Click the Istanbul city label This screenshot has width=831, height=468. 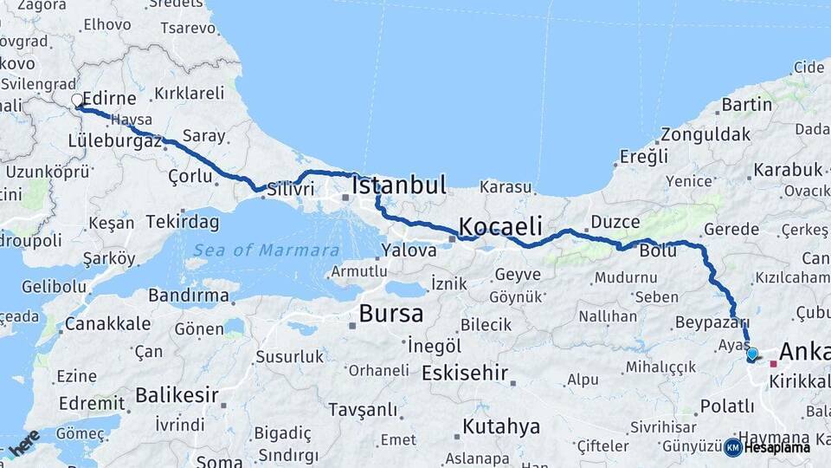tap(399, 185)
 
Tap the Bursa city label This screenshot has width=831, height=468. tap(391, 312)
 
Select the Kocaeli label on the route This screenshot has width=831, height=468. tap(500, 226)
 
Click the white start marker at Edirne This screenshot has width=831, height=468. tap(76, 101)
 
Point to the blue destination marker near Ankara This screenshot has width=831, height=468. tap(751, 354)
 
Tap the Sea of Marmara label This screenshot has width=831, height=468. tap(266, 250)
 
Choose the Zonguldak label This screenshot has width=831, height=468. tap(705, 134)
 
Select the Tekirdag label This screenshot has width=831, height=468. tap(183, 222)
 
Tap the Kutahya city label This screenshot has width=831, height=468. tap(501, 426)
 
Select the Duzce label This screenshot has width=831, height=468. tap(615, 222)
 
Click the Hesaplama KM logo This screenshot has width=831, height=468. tap(767, 447)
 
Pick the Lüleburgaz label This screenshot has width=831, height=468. tap(115, 140)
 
